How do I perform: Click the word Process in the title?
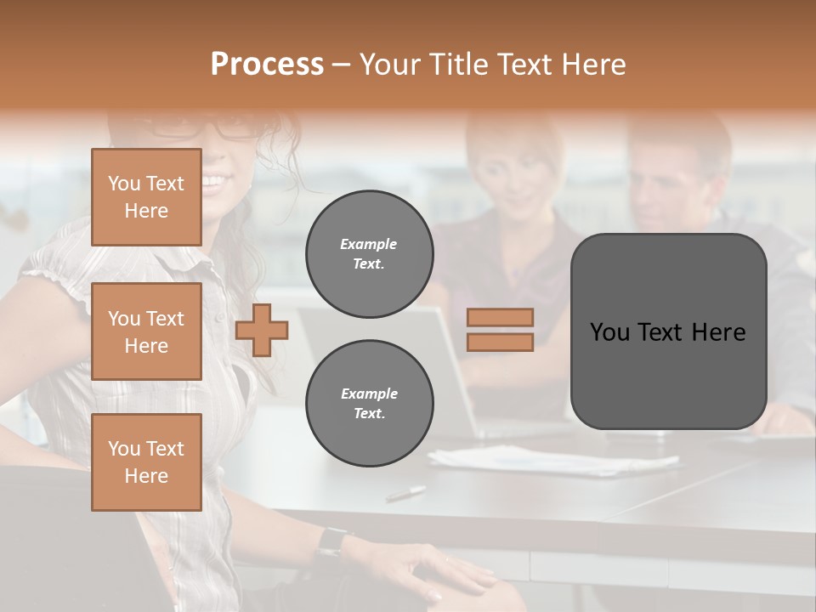[x=267, y=65]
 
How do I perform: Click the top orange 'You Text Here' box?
[x=146, y=197]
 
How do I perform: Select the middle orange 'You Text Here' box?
[x=146, y=331]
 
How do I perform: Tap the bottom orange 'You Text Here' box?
[x=146, y=462]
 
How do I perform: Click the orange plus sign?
[x=262, y=330]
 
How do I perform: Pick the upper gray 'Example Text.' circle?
[x=369, y=254]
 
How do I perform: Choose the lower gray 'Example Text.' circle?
[x=369, y=404]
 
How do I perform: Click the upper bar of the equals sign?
[x=500, y=318]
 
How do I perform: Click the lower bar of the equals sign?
[x=500, y=342]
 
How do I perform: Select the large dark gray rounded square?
[x=668, y=331]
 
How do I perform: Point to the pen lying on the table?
[x=405, y=493]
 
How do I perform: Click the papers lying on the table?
[x=552, y=461]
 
